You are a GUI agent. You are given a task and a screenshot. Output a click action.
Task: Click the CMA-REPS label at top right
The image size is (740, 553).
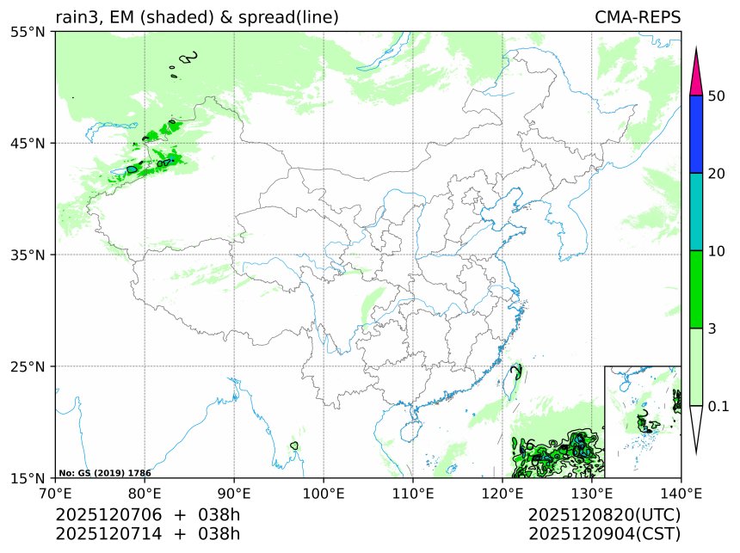click(638, 17)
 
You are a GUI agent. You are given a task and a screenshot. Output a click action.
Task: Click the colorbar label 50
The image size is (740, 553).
click(717, 95)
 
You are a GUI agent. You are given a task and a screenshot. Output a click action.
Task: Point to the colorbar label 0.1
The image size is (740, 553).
click(718, 406)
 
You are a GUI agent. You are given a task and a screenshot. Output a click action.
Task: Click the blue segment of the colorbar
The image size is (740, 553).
click(698, 134)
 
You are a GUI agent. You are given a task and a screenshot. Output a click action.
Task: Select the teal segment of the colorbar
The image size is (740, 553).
click(698, 212)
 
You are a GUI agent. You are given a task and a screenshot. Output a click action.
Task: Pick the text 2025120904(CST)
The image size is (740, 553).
click(605, 533)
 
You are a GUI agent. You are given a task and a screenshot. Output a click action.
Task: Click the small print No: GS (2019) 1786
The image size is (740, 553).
click(105, 473)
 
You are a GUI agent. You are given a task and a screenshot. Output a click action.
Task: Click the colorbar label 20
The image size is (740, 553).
click(717, 173)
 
